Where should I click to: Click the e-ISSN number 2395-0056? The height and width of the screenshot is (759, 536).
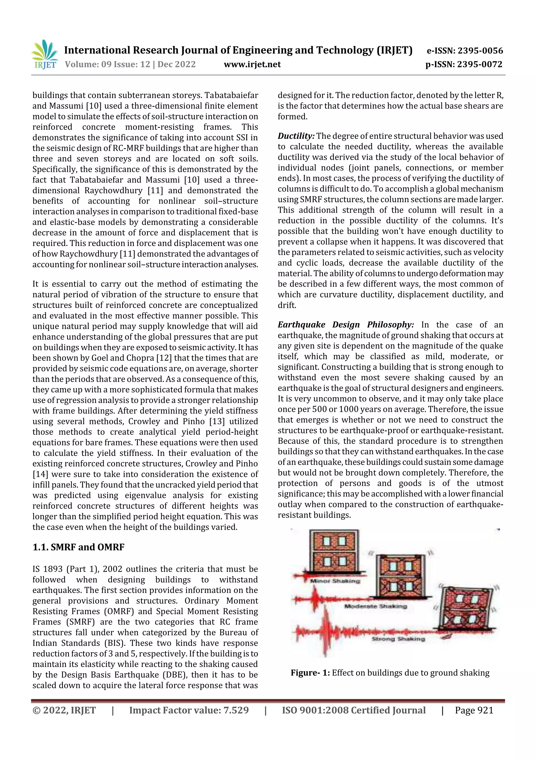480,51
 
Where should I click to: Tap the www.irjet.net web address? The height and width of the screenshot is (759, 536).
252,64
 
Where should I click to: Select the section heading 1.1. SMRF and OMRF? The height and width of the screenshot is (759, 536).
78,547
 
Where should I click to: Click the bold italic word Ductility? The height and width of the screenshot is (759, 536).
296,136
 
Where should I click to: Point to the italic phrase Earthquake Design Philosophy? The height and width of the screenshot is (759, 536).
345,325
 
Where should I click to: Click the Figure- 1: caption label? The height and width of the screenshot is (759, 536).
310,673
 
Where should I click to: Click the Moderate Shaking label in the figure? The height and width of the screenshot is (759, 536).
376,606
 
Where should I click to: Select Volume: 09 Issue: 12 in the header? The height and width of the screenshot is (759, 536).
107,64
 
